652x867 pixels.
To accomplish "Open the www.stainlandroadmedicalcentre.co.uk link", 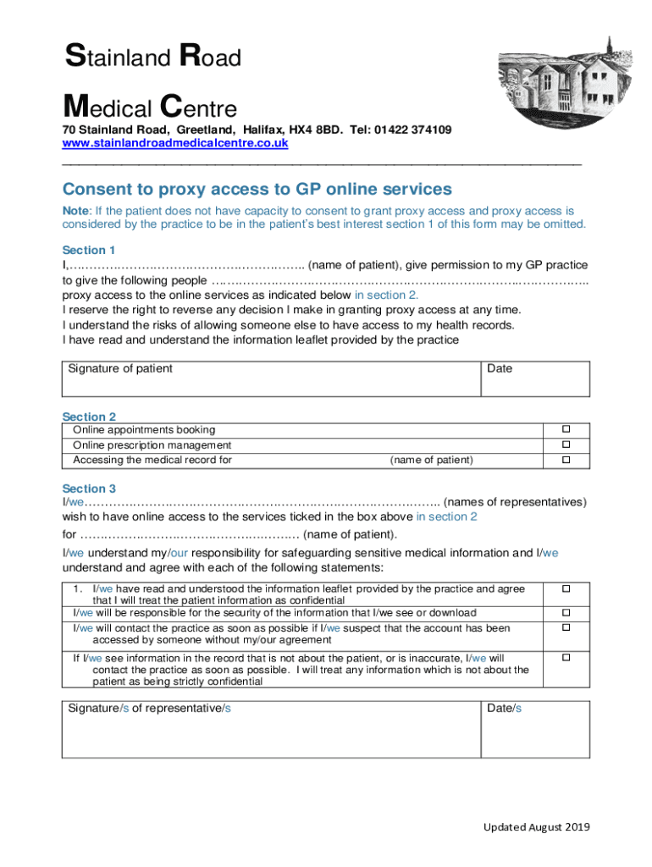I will (x=175, y=143).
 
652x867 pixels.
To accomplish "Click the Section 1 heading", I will (x=89, y=250).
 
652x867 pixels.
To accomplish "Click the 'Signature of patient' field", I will (x=271, y=378).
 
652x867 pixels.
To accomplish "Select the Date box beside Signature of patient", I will (x=535, y=378).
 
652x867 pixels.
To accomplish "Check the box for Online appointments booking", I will (x=566, y=429).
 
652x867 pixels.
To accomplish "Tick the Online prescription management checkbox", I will (x=566, y=445).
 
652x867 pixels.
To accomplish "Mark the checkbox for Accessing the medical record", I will (x=566, y=460).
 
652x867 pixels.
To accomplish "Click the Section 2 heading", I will (x=89, y=417).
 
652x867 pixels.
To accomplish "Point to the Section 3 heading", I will (x=89, y=489).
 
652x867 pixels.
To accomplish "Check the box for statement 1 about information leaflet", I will (x=566, y=588).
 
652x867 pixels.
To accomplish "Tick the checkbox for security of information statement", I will (x=566, y=612).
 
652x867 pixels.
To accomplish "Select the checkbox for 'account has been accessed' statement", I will (x=566, y=627).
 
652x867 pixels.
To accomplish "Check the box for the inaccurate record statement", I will (x=566, y=657).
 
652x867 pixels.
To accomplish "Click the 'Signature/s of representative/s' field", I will (x=271, y=729).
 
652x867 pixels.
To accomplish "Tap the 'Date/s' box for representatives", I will (x=535, y=729).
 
